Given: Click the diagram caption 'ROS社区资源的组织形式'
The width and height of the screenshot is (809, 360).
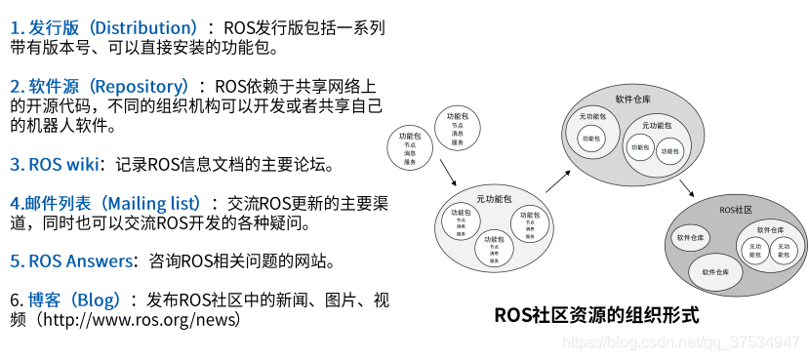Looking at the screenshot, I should [x=596, y=315].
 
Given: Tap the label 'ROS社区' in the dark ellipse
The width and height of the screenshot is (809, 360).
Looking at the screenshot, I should [x=734, y=210].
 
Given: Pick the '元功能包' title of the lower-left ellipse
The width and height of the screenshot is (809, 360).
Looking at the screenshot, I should [x=493, y=199].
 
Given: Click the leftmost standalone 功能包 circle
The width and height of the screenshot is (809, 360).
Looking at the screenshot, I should [x=410, y=147].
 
